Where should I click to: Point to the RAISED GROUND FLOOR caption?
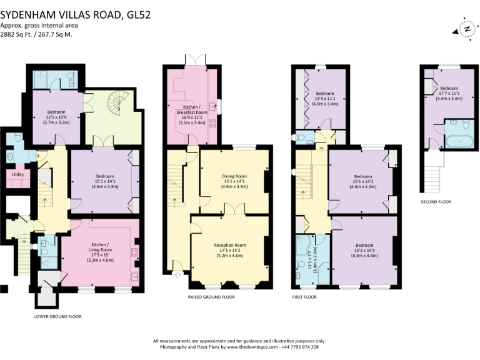[211, 296]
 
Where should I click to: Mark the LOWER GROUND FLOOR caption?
[57, 316]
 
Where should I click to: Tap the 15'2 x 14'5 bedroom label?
[363, 249]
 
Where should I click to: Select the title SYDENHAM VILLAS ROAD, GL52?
[75, 12]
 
